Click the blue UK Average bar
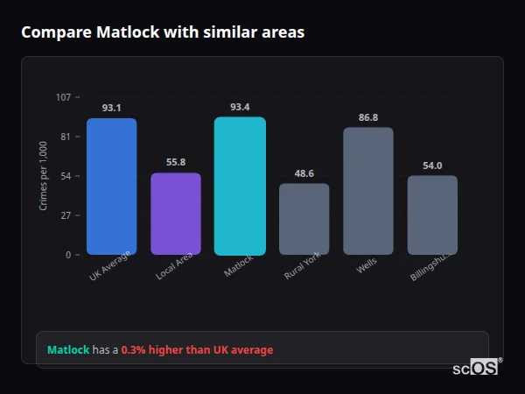pos(111,186)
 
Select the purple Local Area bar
pos(176,214)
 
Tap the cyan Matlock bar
pos(240,186)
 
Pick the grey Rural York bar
pos(304,219)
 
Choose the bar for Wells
pos(368,191)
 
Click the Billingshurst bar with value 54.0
pos(432,215)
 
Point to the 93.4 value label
pos(240,107)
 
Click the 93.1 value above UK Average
pos(111,108)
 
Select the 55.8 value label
pos(176,162)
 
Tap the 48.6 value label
pos(304,173)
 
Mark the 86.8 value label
pos(368,117)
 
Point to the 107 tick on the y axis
pos(64,97)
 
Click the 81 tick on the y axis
pos(66,137)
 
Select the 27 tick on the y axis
pos(66,215)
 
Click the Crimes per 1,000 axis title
pos(44,176)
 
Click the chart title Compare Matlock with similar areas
pos(163,32)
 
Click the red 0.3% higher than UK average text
pos(197,350)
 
